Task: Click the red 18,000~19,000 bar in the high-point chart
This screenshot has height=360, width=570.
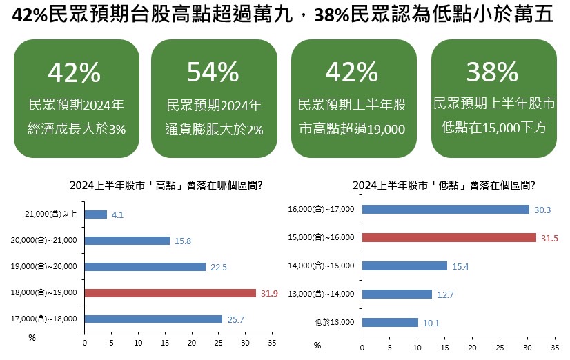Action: point(170,293)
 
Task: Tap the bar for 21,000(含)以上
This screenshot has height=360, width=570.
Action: point(95,214)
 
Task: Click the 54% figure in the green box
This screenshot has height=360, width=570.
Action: point(213,72)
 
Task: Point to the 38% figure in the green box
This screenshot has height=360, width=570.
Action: point(492,72)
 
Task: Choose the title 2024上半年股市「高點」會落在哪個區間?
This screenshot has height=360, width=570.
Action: point(169,185)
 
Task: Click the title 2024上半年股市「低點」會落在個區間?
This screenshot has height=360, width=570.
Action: point(444,185)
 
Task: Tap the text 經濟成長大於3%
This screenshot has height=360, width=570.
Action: point(76,129)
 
